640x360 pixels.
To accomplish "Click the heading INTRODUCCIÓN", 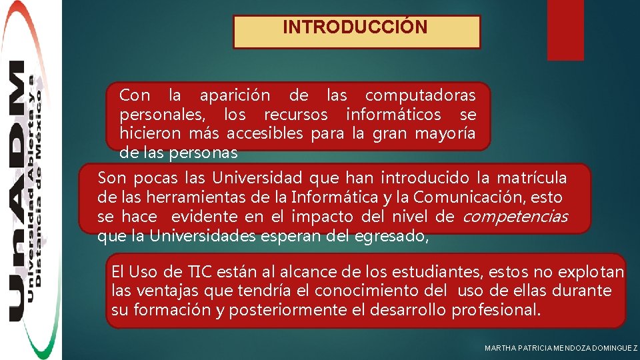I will click(x=355, y=28).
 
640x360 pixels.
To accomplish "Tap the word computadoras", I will click(x=421, y=96).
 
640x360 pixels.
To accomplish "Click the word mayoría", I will click(x=445, y=134).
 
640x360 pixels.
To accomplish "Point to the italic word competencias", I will click(x=515, y=217).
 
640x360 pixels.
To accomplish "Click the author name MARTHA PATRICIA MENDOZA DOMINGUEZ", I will click(x=561, y=349).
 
